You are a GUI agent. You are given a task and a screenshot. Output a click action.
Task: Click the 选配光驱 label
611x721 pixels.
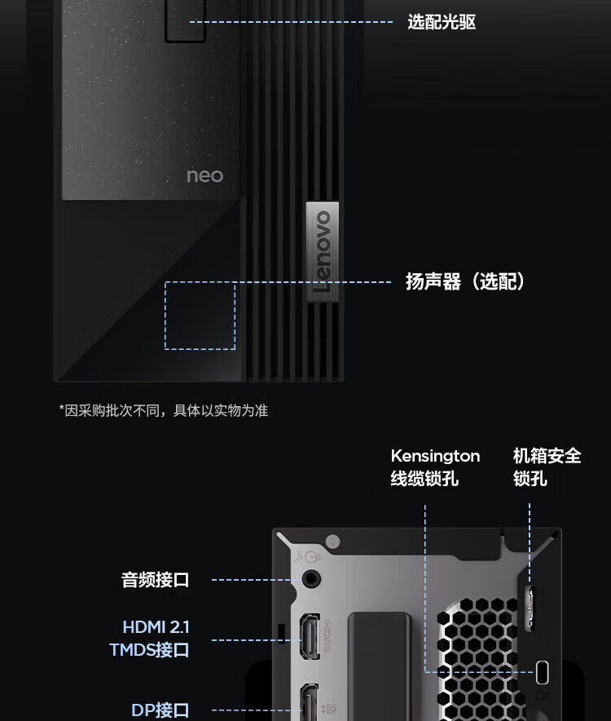click(x=442, y=21)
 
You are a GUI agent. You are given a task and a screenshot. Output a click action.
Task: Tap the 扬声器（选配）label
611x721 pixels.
click(x=465, y=281)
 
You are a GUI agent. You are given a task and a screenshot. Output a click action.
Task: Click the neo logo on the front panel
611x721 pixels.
click(x=205, y=175)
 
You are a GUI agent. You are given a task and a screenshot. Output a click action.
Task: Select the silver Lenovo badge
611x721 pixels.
click(x=323, y=251)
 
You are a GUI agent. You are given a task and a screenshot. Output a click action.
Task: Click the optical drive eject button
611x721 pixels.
click(x=185, y=21)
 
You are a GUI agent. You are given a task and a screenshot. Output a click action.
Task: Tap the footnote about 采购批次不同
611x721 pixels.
click(x=164, y=410)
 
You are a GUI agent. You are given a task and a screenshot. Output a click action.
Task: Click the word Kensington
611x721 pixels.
click(x=435, y=456)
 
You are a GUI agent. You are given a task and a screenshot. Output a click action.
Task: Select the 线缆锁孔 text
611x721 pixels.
click(x=424, y=479)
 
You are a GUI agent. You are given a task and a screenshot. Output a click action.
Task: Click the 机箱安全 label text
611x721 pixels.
click(x=547, y=456)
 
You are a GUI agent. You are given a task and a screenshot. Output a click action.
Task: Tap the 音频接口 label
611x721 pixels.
click(x=156, y=580)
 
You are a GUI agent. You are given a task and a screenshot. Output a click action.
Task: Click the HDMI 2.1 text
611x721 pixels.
click(x=156, y=626)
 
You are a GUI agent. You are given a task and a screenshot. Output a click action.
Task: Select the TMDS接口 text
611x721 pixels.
click(x=149, y=650)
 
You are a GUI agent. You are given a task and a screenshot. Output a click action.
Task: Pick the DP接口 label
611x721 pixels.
click(x=160, y=710)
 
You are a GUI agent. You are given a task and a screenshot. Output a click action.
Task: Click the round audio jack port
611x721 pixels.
click(x=311, y=578)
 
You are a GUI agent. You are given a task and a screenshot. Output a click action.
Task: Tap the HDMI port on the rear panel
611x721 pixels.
click(x=310, y=636)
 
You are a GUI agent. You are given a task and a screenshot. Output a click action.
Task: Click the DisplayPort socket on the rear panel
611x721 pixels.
click(x=310, y=702)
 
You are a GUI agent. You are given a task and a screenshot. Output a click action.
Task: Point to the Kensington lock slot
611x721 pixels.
click(x=542, y=672)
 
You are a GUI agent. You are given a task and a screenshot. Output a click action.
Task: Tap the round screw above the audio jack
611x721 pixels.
click(x=332, y=542)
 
